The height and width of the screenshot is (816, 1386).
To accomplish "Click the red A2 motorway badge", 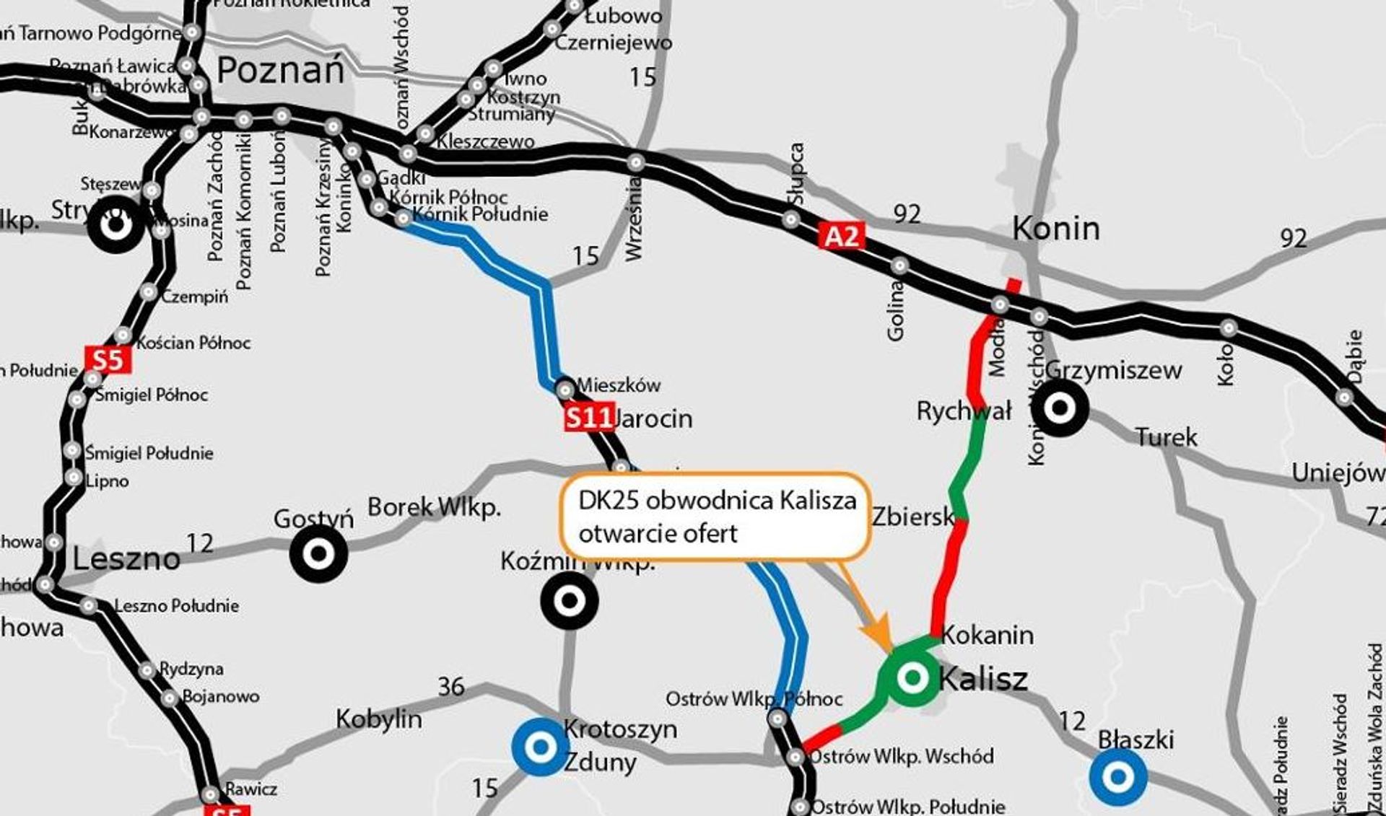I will [841, 237].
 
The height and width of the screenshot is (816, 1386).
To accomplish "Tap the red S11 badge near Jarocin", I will [588, 418].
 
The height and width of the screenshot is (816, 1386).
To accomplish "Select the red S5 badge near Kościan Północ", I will [108, 359].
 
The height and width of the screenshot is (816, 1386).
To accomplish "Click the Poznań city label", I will [281, 71].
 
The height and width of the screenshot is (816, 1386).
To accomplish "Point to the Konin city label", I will [1056, 229].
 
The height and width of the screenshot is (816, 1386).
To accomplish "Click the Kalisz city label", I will [983, 679].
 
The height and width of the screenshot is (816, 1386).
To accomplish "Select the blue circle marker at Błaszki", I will [1118, 776].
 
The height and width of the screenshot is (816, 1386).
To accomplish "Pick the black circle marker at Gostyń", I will [318, 554].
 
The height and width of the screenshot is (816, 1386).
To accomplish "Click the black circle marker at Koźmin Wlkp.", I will [570, 600].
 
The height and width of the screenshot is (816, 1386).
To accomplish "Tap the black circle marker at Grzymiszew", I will [1059, 408].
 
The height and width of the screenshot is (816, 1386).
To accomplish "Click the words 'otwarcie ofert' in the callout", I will [658, 534].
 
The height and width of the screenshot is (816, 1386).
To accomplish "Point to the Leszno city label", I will [126, 559].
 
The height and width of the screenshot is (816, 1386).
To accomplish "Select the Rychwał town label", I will [964, 411].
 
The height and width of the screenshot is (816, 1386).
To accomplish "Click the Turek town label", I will [1166, 437].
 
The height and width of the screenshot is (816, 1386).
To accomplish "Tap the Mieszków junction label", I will [619, 385].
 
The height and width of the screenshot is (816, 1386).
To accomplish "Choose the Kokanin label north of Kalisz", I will [988, 635].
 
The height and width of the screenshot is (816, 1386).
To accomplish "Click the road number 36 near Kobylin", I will [451, 686].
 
